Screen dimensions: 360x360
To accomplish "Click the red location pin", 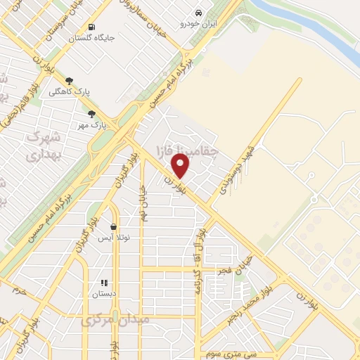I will click(181, 165).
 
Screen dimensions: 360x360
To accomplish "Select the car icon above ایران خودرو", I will click(199, 13).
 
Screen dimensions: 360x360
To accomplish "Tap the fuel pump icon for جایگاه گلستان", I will click(91, 27).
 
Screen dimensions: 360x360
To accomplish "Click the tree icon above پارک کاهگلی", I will click(69, 81).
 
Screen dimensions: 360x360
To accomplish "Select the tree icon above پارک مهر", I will click(91, 114).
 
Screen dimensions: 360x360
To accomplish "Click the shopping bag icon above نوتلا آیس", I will click(113, 227).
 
